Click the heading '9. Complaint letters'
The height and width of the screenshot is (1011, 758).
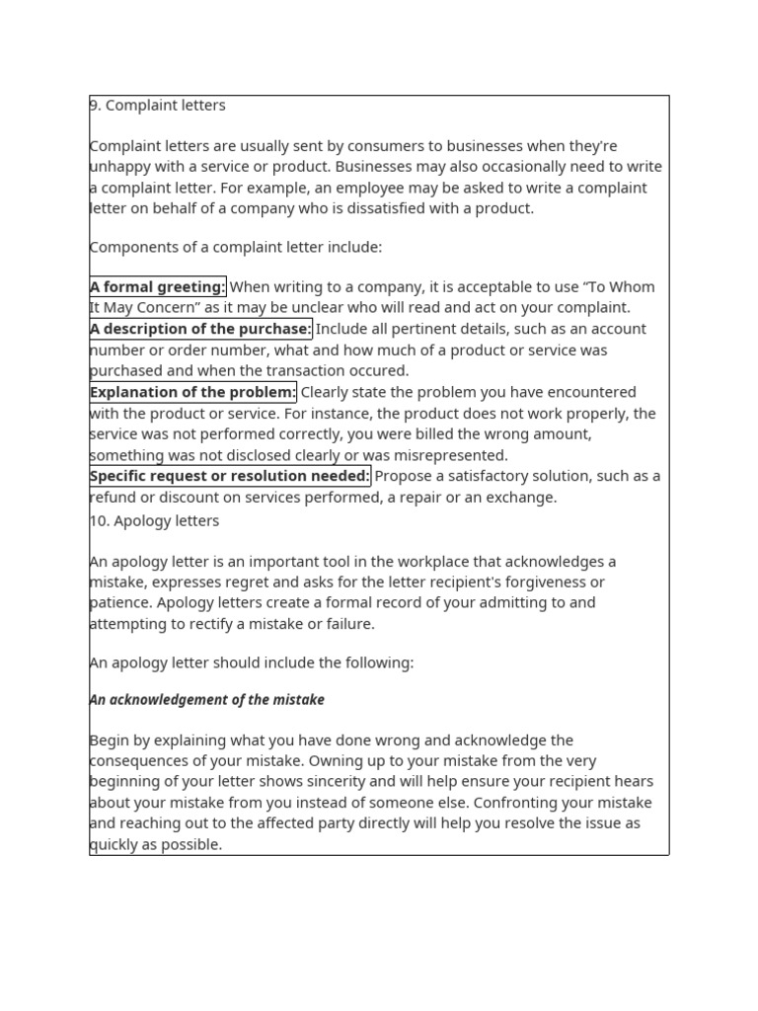pos(158,106)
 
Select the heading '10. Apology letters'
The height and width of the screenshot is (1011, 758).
pos(155,521)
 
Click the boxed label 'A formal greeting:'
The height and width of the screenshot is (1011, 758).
pos(158,287)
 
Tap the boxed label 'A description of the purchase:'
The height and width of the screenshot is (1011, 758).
pos(200,329)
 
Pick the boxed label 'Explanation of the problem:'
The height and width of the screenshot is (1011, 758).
pos(193,392)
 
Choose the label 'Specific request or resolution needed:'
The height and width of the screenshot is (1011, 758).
pos(230,476)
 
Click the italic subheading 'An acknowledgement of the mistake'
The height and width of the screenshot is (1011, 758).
pos(207,700)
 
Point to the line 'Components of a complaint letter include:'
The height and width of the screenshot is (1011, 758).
pos(236,247)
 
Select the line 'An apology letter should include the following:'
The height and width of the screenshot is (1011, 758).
pos(252,662)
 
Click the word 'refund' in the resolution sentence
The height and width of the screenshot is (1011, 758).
pos(113,498)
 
